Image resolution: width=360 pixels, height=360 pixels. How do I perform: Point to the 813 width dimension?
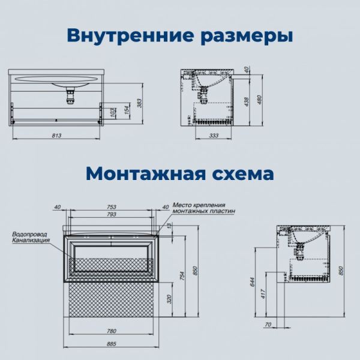(x=57, y=136)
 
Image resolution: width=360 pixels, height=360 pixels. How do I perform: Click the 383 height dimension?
(x=139, y=103)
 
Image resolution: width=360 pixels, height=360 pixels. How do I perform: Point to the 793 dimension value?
(x=112, y=214)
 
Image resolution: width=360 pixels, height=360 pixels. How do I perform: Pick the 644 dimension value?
(x=253, y=280)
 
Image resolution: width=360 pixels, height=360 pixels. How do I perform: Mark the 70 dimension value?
(x=268, y=325)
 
